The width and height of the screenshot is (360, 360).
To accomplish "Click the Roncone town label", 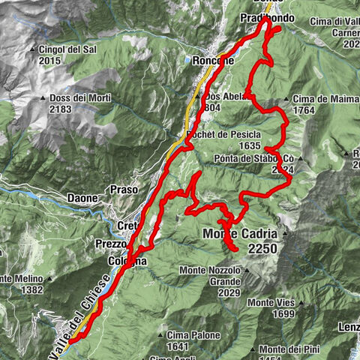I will pyautogui.click(x=213, y=61).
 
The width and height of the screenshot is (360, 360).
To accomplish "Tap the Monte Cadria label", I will pyautogui.click(x=240, y=233).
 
